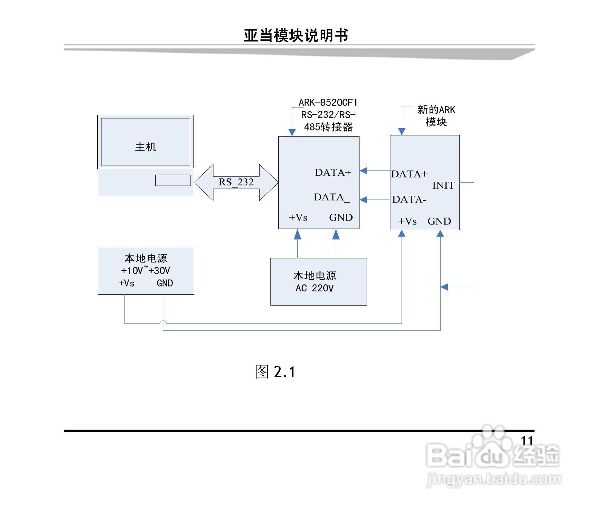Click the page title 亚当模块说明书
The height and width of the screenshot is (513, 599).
click(296, 35)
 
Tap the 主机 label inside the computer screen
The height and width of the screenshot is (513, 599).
click(146, 147)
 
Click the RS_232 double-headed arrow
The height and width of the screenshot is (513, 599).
click(236, 182)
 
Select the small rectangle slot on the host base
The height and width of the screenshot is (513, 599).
click(173, 180)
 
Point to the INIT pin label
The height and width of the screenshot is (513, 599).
click(443, 185)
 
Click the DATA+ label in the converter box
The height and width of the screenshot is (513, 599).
click(333, 172)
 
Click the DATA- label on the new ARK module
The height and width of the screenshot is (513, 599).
click(409, 199)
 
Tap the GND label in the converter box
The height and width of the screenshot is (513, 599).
click(341, 217)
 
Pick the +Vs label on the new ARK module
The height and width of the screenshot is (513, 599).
click(407, 221)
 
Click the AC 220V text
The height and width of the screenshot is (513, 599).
click(315, 288)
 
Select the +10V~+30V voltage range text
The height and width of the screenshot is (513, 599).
click(146, 270)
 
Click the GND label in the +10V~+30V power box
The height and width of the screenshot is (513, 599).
click(165, 283)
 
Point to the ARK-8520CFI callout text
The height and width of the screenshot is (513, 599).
click(328, 102)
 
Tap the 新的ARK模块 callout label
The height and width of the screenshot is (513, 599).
click(436, 115)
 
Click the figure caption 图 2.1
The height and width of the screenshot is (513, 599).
click(275, 372)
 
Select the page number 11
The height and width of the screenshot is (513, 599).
click(527, 440)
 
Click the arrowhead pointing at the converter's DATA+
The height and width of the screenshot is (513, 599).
click(363, 171)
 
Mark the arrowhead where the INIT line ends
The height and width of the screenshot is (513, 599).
click(444, 287)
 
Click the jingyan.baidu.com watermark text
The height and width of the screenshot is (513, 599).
click(494, 479)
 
